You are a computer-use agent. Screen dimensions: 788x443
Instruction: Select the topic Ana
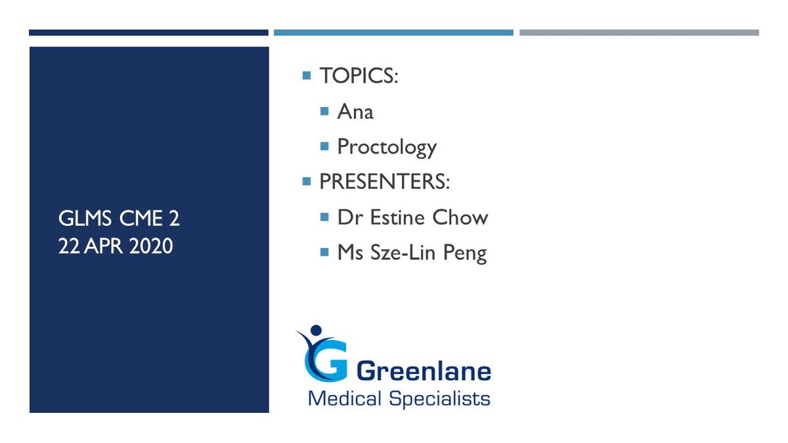point(355,112)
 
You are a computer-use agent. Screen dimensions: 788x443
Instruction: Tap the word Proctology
point(387,147)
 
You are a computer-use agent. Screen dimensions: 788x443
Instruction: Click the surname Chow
point(460,217)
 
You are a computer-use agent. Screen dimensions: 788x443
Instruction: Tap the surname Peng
point(465,253)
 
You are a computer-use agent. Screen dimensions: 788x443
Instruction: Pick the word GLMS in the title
point(85,219)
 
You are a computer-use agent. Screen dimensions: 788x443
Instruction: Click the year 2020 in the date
point(151,245)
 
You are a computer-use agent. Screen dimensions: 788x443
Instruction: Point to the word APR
point(104,245)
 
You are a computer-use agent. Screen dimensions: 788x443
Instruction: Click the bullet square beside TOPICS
point(307,75)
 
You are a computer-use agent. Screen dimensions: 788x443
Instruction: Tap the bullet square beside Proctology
point(324,146)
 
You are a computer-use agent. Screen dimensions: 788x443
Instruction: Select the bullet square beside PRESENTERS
point(307,181)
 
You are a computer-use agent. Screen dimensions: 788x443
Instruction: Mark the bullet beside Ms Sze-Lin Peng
point(324,252)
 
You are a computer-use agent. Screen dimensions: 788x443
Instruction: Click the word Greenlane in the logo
point(424,371)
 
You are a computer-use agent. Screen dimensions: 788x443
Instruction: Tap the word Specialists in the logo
point(440,399)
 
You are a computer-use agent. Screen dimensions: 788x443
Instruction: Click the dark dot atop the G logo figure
point(316,330)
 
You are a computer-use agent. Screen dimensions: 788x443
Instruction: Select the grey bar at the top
point(639,33)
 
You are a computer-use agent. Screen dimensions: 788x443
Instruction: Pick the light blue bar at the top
point(393,33)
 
